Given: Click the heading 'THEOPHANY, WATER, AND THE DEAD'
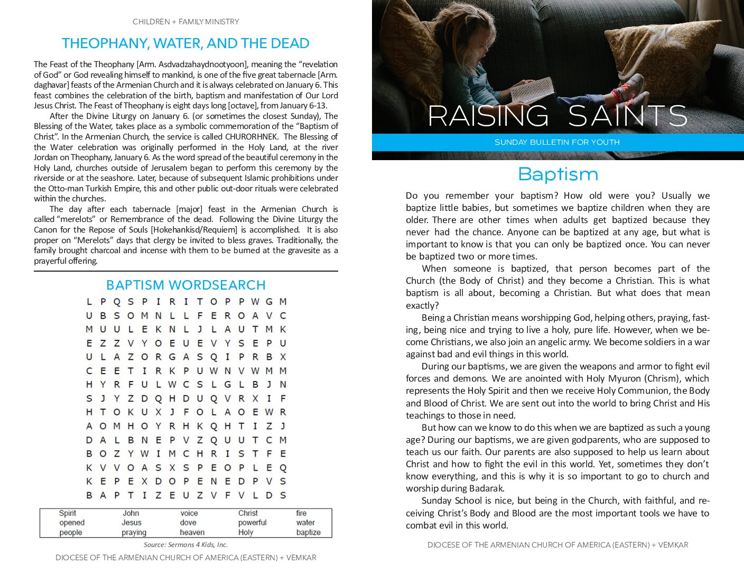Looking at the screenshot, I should pos(185,43).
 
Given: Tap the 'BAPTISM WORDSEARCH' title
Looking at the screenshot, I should pos(185,285).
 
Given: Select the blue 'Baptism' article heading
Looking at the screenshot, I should pos(558,174).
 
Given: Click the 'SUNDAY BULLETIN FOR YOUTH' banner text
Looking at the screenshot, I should pos(557,142).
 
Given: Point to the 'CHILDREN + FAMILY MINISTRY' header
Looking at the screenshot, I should pos(185,22).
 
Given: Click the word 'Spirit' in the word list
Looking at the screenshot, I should pos(68,513).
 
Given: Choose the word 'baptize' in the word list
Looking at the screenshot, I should pos(309,532).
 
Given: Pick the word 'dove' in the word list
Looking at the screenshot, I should pos(188,523).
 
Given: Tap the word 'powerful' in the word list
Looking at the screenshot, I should pos(253,523).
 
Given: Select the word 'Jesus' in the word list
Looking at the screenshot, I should pos(132,523).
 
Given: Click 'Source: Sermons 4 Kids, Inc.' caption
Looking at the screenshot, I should pos(185,545).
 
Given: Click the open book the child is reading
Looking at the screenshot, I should pos(533,91).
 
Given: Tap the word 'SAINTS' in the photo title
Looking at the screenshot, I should pos(628,116).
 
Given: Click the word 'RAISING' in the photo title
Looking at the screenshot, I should pos(488,116).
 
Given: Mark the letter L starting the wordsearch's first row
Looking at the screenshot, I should pos(89,302).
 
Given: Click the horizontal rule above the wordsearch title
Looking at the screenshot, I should pos(185,271).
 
